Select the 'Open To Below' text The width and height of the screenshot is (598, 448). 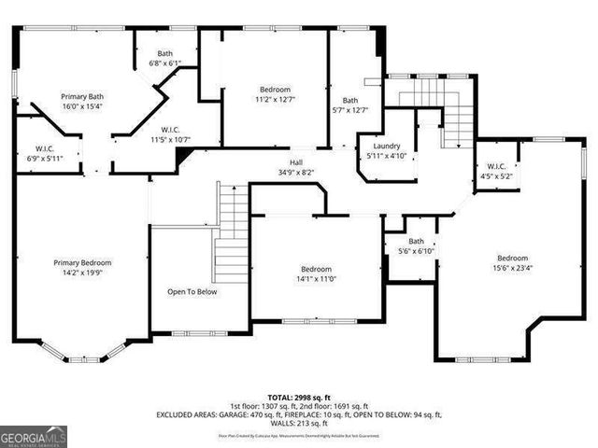[x=192, y=291]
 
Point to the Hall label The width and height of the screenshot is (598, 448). [x=295, y=162]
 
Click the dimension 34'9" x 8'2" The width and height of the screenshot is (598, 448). [x=295, y=172]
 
